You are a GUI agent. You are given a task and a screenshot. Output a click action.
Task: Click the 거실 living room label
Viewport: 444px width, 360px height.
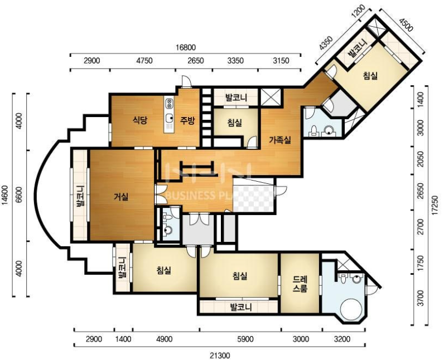(121, 197)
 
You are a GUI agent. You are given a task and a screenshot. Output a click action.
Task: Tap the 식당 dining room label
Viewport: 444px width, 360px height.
(140, 121)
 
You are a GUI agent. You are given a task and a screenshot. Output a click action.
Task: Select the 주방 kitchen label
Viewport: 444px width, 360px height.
(187, 121)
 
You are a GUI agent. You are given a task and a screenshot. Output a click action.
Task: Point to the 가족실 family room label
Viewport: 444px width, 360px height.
(280, 140)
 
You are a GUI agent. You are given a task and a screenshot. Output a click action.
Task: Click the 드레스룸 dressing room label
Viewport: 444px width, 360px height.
(300, 284)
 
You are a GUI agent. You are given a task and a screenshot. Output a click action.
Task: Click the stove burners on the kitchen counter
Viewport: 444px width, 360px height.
(170, 103)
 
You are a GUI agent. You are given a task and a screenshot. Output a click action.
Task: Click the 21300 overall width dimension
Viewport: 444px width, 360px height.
(220, 355)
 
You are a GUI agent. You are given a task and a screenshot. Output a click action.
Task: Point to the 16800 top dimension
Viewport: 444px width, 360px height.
(185, 47)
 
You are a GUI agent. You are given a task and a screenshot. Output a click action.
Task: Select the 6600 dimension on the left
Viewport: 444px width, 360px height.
(19, 196)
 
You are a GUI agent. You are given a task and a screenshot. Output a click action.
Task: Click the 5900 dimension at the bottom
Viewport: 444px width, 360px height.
(245, 339)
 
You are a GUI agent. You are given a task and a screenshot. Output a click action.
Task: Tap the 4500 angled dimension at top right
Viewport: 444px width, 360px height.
(406, 25)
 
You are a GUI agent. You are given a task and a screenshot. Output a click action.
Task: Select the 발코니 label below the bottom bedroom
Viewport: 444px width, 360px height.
(241, 307)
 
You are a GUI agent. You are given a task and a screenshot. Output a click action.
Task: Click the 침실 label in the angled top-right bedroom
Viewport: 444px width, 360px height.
(370, 75)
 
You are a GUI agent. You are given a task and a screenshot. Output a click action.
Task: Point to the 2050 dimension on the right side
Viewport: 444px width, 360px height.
(421, 159)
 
